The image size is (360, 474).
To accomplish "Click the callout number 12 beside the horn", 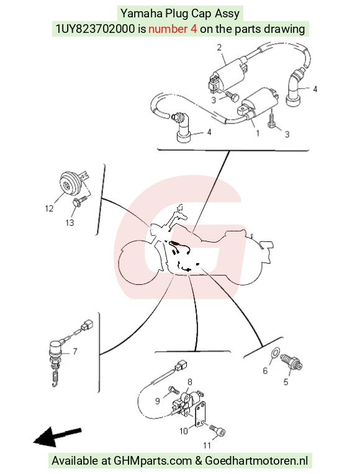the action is tap(49, 208).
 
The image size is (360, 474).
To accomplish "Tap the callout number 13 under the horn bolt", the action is tap(70, 223).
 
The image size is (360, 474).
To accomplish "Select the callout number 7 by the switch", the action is tap(75, 351).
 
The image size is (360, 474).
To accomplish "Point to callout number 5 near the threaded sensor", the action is tap(286, 382).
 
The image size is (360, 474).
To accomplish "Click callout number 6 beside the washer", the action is tap(265, 370).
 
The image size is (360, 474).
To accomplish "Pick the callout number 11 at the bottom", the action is tap(207, 445).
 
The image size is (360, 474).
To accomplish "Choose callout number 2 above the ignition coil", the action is tap(219, 47).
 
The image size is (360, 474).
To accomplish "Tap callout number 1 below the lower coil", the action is tap(258, 133).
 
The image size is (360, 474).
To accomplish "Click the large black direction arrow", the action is tap(57, 437).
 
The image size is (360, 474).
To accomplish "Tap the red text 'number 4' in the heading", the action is tap(173, 29).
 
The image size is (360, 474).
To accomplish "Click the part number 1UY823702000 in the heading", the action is tap(95, 29).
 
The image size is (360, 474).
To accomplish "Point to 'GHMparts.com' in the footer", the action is tap(153, 461).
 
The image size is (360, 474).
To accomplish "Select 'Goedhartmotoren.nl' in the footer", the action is tap(256, 461).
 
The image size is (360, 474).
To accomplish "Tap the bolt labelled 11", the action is tap(218, 431).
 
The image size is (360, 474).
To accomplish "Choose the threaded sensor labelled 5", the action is tap(291, 362).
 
